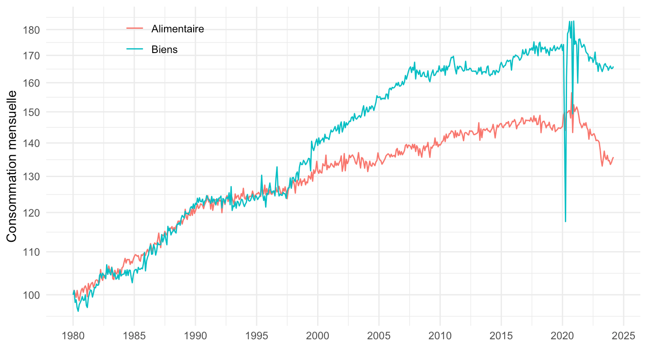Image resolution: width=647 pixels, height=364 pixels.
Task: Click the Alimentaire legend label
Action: [x=177, y=29]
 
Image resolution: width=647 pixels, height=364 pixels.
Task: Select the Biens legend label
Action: [x=164, y=49]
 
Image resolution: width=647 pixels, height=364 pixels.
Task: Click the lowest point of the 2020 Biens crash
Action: [x=565, y=221]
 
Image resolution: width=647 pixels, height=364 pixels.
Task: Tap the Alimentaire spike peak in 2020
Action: [x=572, y=93]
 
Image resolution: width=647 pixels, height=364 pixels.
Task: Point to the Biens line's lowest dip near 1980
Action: [x=78, y=311]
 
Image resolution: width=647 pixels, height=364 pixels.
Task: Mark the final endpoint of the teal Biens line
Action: [x=613, y=67]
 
